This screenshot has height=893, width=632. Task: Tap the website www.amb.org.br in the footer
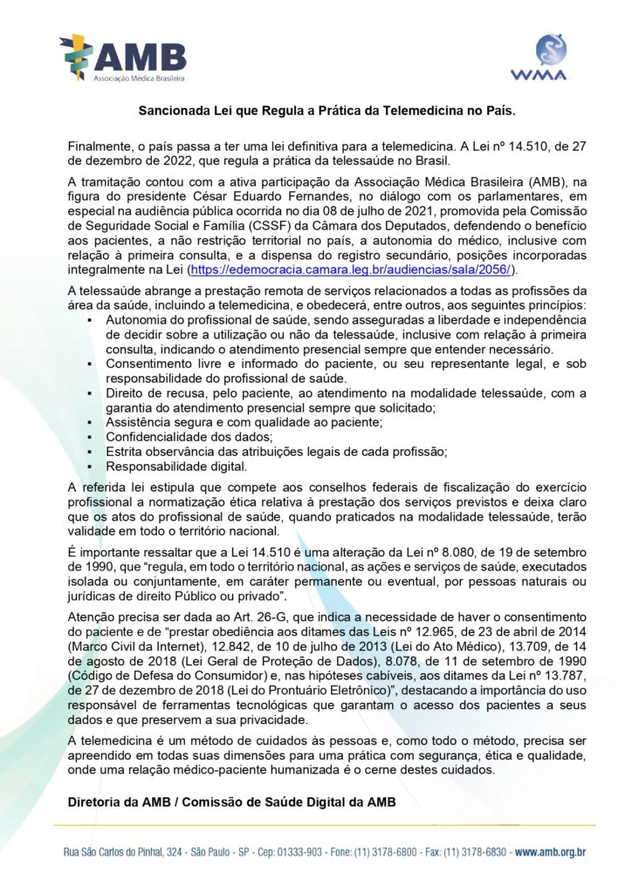(550, 851)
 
